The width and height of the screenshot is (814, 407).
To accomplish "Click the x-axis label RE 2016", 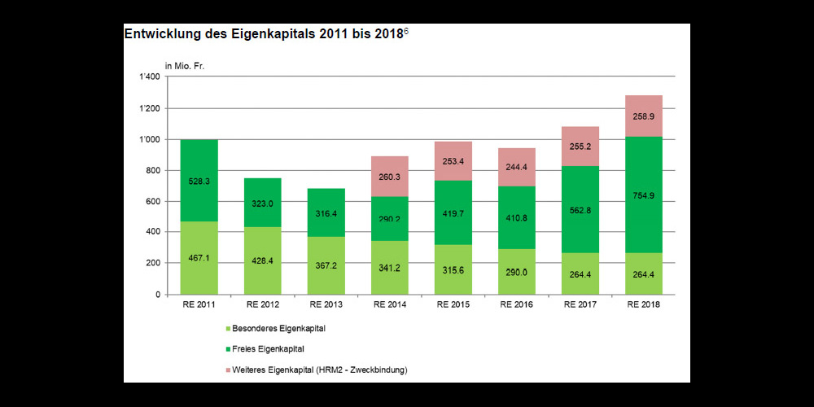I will tap(516, 304).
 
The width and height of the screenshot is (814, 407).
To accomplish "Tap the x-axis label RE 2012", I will tap(262, 304).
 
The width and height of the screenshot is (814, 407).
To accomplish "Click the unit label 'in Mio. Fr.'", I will tap(186, 65).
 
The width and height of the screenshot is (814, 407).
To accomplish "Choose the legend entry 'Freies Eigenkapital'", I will tap(268, 349).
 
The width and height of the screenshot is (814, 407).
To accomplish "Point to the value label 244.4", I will tap(516, 167).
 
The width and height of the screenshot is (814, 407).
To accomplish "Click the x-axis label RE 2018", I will tap(643, 304).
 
